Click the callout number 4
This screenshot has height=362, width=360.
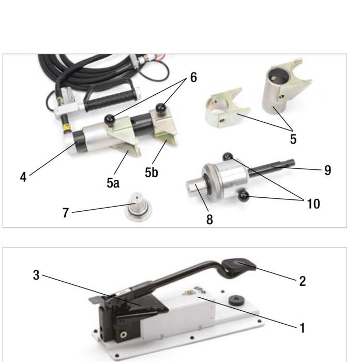[23, 177]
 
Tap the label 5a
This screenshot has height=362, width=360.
[113, 183]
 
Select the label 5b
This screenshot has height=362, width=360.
[151, 172]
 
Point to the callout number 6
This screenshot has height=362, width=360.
[193, 77]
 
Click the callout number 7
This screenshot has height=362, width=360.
[66, 213]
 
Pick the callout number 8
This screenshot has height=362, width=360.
[209, 220]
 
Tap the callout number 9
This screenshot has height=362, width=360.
[327, 170]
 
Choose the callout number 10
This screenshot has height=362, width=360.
[313, 204]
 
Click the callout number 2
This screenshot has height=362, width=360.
[303, 281]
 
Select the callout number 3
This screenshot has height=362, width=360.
[36, 275]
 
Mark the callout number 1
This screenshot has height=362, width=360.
[302, 328]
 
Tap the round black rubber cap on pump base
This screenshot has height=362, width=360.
[235, 299]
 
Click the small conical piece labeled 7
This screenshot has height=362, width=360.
[138, 207]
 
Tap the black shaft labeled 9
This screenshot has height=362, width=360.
[272, 169]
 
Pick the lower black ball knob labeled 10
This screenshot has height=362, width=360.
[244, 196]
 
